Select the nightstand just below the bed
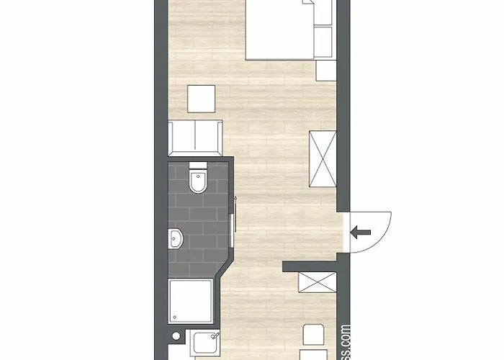click(326, 71)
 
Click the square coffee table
click(202, 98)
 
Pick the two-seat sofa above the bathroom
click(195, 138)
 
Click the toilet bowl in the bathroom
click(197, 183)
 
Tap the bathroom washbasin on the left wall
click(176, 238)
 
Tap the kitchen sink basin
click(209, 344)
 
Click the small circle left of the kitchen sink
click(176, 336)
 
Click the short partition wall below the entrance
click(310, 266)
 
